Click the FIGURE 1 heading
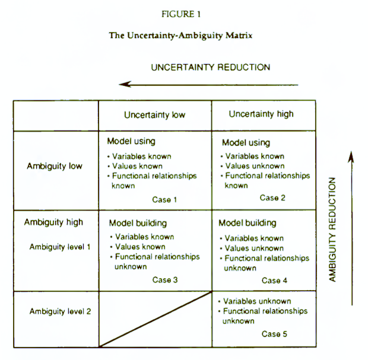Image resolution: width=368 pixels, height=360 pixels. pyautogui.click(x=180, y=14)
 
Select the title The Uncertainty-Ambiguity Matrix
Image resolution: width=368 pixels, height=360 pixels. pyautogui.click(x=180, y=36)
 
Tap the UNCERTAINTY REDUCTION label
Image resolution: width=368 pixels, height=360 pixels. pyautogui.click(x=211, y=67)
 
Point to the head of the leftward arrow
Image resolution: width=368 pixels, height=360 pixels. pyautogui.click(x=120, y=84)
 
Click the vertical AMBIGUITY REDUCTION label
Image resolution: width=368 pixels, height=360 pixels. pyautogui.click(x=332, y=230)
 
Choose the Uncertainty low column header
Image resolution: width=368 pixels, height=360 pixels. pyautogui.click(x=155, y=115)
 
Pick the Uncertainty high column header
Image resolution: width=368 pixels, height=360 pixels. pyautogui.click(x=261, y=114)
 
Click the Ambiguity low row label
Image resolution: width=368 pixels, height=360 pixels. pyautogui.click(x=55, y=166)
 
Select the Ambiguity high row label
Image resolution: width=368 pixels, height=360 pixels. pyautogui.click(x=53, y=222)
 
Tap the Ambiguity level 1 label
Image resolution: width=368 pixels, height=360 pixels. pyautogui.click(x=60, y=247)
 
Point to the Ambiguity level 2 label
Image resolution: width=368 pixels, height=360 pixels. pyautogui.click(x=60, y=311)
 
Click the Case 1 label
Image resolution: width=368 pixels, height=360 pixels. pyautogui.click(x=164, y=200)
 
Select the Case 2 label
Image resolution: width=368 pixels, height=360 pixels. pyautogui.click(x=272, y=197)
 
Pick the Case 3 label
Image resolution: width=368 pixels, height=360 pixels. pyautogui.click(x=165, y=280)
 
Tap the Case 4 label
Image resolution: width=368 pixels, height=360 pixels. pyautogui.click(x=274, y=281)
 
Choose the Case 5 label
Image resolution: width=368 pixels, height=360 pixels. pyautogui.click(x=274, y=334)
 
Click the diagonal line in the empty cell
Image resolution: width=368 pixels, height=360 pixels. pyautogui.click(x=156, y=319)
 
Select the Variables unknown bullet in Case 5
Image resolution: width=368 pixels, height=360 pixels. pyautogui.click(x=255, y=301)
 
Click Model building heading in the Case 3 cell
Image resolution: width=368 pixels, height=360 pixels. pyautogui.click(x=138, y=223)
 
